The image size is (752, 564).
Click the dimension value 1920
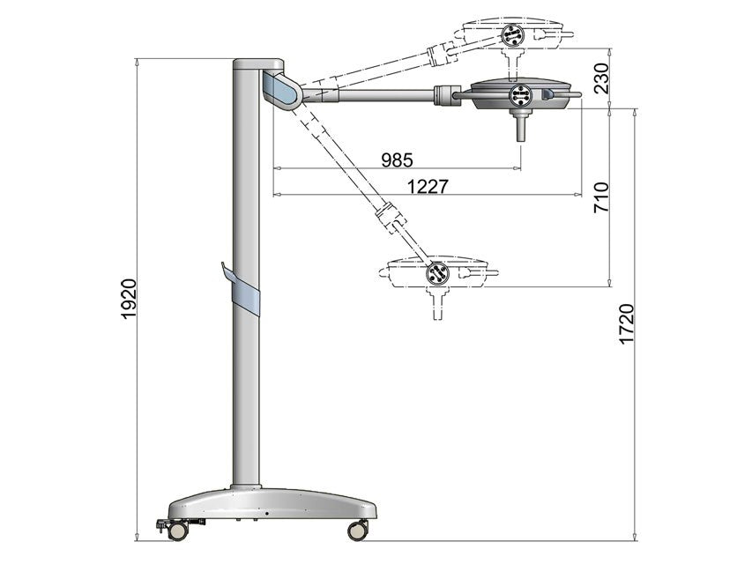coord(129,299)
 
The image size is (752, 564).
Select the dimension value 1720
coord(627,324)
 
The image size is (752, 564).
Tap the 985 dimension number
coord(397,160)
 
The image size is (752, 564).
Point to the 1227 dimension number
coord(428,186)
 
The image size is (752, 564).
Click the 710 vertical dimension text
coord(602,198)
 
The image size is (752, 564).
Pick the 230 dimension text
coord(601,78)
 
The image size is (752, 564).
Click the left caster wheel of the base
coord(179,531)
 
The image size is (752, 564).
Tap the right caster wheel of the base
coord(358,530)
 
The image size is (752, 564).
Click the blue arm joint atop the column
coord(280,90)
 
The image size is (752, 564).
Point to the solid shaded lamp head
coord(520,95)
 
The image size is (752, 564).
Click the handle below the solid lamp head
coord(520,129)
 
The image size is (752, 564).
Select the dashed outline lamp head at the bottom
coord(438,272)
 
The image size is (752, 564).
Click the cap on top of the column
coord(257,64)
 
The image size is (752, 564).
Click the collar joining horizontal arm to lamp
coord(447,92)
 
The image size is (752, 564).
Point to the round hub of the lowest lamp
coord(437,273)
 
